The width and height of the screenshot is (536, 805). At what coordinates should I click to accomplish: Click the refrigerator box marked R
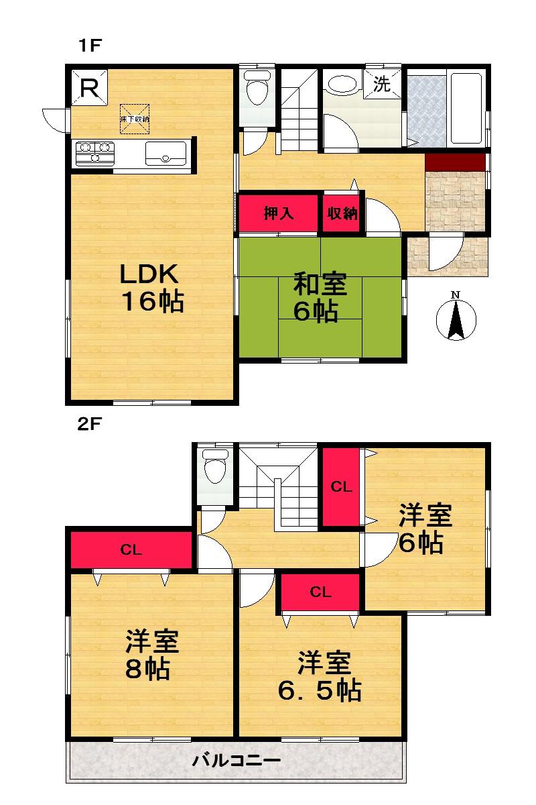tap(89, 87)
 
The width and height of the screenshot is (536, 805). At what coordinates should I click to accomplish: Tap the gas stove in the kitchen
tap(94, 152)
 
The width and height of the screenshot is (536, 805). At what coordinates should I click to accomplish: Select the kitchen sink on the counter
tap(164, 153)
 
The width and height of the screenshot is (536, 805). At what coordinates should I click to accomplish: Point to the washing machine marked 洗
tap(382, 85)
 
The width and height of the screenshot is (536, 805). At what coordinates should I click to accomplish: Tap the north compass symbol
tap(456, 317)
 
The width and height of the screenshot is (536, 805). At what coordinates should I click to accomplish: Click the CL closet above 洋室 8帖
tap(131, 550)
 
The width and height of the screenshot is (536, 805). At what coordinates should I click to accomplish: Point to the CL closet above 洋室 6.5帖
tap(321, 592)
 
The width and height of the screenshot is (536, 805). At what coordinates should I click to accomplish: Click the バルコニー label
tap(237, 760)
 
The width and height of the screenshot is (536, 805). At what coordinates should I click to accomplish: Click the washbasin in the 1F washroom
tap(342, 85)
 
